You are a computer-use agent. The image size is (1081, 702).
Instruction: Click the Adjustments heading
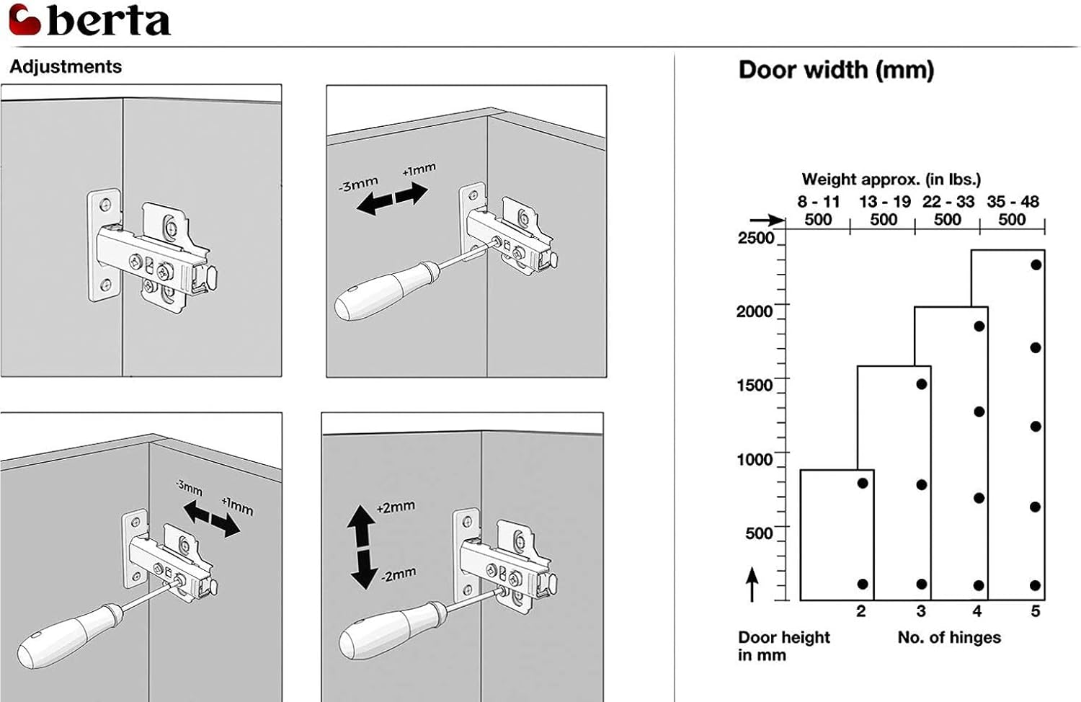[66, 67]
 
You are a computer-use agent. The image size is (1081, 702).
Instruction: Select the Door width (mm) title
[836, 70]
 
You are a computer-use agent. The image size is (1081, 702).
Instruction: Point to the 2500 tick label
[755, 238]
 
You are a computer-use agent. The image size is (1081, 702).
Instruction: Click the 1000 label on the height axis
[755, 459]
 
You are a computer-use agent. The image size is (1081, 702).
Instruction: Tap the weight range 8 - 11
[819, 202]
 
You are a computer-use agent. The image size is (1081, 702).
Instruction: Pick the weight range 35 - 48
[1013, 202]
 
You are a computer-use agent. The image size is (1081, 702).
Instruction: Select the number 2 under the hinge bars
[860, 611]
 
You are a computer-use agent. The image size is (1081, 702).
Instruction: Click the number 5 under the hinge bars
[1035, 611]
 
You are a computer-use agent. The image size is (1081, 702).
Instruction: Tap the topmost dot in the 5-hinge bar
[1036, 265]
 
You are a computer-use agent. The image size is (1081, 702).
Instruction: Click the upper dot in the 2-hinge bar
[863, 483]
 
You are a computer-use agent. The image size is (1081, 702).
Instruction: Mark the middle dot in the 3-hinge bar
[922, 485]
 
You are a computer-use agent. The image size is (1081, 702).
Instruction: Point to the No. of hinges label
[949, 637]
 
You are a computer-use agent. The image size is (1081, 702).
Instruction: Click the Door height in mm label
[783, 646]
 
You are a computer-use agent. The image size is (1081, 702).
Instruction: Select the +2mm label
[396, 507]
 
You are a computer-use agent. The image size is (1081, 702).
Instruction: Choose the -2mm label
[397, 575]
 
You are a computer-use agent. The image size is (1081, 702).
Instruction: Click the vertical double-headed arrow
[361, 546]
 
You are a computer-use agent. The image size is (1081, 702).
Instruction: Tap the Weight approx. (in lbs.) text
[891, 179]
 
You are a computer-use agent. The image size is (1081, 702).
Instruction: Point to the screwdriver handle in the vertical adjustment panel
[382, 631]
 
